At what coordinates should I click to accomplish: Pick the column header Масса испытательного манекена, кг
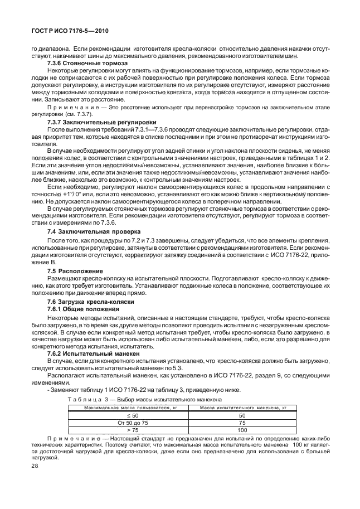242,409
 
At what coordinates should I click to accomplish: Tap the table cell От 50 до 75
127,423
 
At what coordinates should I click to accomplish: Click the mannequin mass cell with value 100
242,430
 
